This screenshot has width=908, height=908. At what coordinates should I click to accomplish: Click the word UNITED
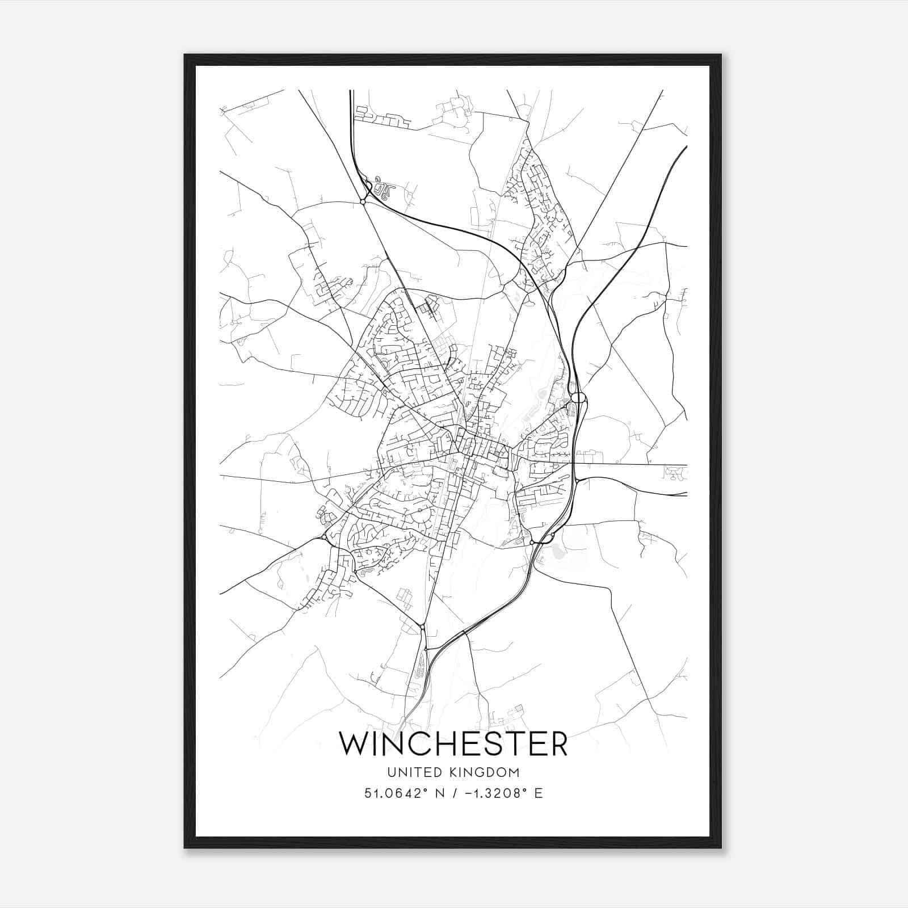pos(406,772)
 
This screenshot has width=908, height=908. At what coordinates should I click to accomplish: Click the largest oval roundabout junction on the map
pos(578,397)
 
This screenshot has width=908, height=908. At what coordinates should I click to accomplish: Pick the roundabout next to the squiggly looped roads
pos(363,201)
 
